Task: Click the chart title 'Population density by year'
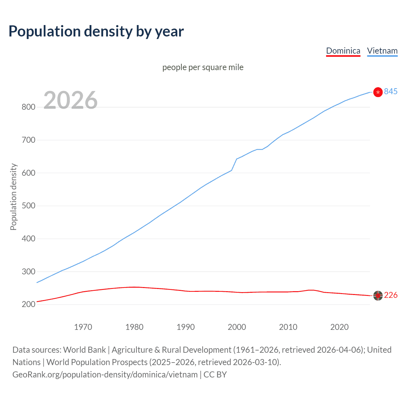[96, 31]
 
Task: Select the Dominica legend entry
[343, 51]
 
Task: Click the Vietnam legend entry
[382, 51]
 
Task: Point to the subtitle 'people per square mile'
[203, 67]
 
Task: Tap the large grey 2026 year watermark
[70, 100]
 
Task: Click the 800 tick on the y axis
[28, 107]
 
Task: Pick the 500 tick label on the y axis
[28, 206]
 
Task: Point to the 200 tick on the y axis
[28, 304]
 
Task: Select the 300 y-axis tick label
[28, 272]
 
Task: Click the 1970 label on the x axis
[83, 327]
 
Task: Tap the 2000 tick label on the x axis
[237, 327]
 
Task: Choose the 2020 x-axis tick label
[339, 327]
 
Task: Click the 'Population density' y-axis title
[13, 197]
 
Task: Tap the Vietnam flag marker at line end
[378, 92]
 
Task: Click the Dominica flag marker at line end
[378, 296]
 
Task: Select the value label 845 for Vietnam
[390, 92]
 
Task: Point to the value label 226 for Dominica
[390, 295]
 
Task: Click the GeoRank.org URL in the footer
[105, 375]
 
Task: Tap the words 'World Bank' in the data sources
[84, 350]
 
